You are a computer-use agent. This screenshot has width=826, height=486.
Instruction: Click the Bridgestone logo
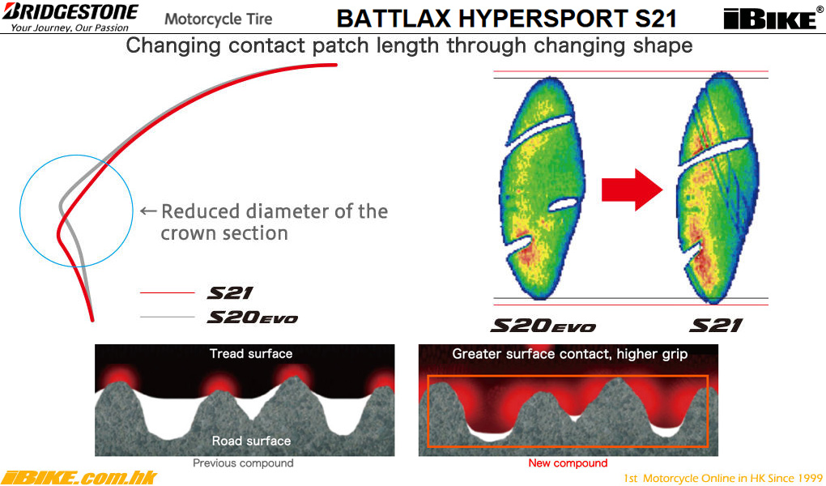click(70, 16)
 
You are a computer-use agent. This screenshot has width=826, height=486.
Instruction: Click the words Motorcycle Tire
click(218, 19)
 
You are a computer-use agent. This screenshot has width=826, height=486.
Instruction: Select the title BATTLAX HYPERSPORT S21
click(506, 19)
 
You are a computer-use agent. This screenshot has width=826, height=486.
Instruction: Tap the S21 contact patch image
click(717, 188)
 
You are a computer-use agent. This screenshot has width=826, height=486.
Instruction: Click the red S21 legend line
click(168, 292)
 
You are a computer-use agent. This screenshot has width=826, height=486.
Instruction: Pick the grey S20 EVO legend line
click(168, 317)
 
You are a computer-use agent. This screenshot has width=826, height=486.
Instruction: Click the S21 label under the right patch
click(716, 326)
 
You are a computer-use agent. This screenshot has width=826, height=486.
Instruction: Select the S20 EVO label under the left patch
click(543, 326)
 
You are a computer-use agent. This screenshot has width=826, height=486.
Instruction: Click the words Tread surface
click(251, 354)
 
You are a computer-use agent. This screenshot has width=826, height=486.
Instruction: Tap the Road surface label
click(251, 441)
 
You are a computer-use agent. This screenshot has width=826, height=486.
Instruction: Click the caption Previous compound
click(243, 463)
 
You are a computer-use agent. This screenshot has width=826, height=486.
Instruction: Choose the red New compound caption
click(568, 463)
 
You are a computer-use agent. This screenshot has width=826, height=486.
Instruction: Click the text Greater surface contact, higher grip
click(569, 354)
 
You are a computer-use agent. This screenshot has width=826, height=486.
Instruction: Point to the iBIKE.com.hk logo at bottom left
click(79, 477)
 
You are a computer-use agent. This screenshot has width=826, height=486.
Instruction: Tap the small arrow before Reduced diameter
click(148, 211)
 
